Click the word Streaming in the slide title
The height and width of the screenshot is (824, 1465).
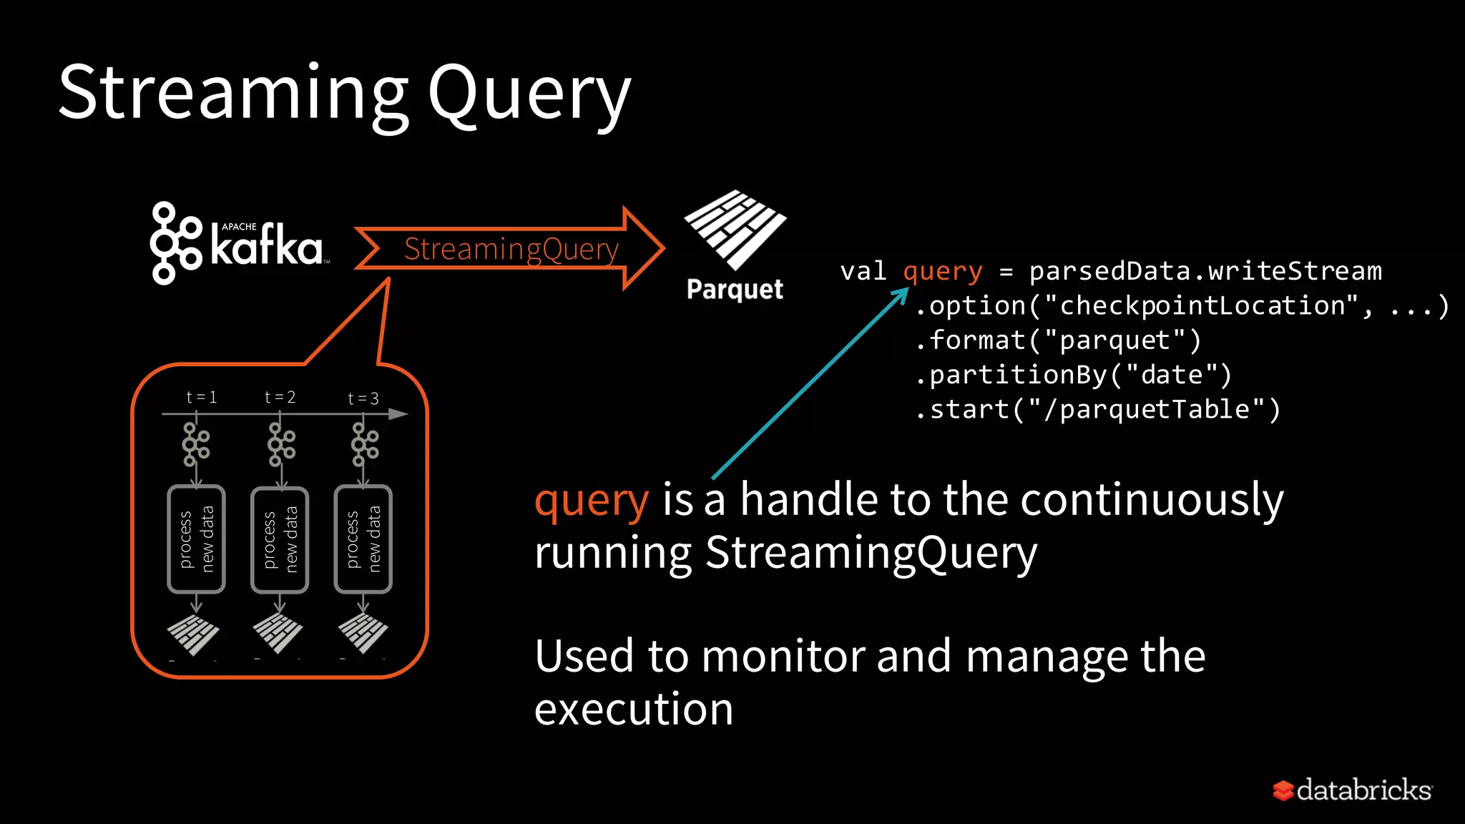[232, 93]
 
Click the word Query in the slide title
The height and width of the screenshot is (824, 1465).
[529, 97]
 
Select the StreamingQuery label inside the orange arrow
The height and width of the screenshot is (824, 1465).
[511, 249]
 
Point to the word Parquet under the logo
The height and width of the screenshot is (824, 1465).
[735, 290]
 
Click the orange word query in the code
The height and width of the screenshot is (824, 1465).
[942, 272]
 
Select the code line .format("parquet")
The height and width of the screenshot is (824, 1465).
[1058, 340]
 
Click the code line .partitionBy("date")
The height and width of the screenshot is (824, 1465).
[1073, 375]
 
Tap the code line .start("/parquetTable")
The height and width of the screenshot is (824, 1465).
[1097, 409]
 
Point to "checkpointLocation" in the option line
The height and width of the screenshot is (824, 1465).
[1201, 306]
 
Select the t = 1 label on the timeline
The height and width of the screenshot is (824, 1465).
[201, 397]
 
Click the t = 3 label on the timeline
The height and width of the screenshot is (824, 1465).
[363, 398]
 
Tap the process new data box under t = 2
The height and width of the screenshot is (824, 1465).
[280, 540]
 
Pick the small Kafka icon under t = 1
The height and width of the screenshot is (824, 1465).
[195, 444]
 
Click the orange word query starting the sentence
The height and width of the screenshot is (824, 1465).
[591, 500]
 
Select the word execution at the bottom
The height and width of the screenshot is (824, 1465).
[633, 710]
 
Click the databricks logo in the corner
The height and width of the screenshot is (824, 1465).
[1352, 790]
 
